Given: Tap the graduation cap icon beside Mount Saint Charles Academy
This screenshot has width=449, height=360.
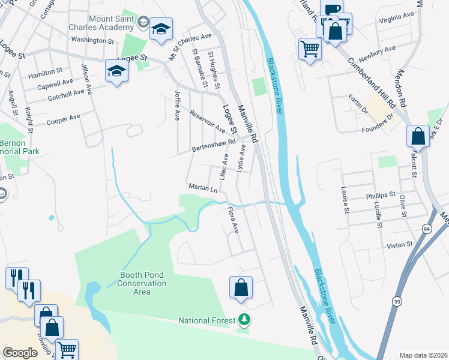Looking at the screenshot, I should coord(161,30).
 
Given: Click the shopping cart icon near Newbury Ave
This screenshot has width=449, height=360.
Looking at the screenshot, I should coord(310,49).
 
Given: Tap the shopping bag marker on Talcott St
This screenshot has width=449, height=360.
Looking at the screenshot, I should coord(418,137).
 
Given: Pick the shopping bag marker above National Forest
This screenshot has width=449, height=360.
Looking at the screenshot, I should coord(241,287).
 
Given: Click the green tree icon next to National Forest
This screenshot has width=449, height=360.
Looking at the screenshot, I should coord(243,319).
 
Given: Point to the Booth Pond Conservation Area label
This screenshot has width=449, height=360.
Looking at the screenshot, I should coord(142,283).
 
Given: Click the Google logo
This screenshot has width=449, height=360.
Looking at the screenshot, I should coord(20,353).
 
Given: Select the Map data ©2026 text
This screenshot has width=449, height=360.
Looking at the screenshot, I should coord(423,355).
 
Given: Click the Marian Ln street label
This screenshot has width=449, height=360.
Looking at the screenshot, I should coord(202,187).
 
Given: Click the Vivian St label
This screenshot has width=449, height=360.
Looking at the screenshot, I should coord(400,245).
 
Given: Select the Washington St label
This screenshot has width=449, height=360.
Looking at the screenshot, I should coord(92,41).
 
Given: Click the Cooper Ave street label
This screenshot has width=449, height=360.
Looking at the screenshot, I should coord(63,118).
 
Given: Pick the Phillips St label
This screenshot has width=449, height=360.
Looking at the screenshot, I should coord(381,196).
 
